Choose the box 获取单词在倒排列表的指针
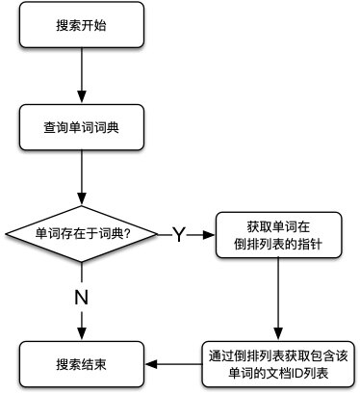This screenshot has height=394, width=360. [x=277, y=233]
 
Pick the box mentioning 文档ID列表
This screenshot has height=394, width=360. [x=277, y=363]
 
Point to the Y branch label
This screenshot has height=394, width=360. [x=178, y=234]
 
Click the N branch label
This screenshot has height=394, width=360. [x=82, y=297]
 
